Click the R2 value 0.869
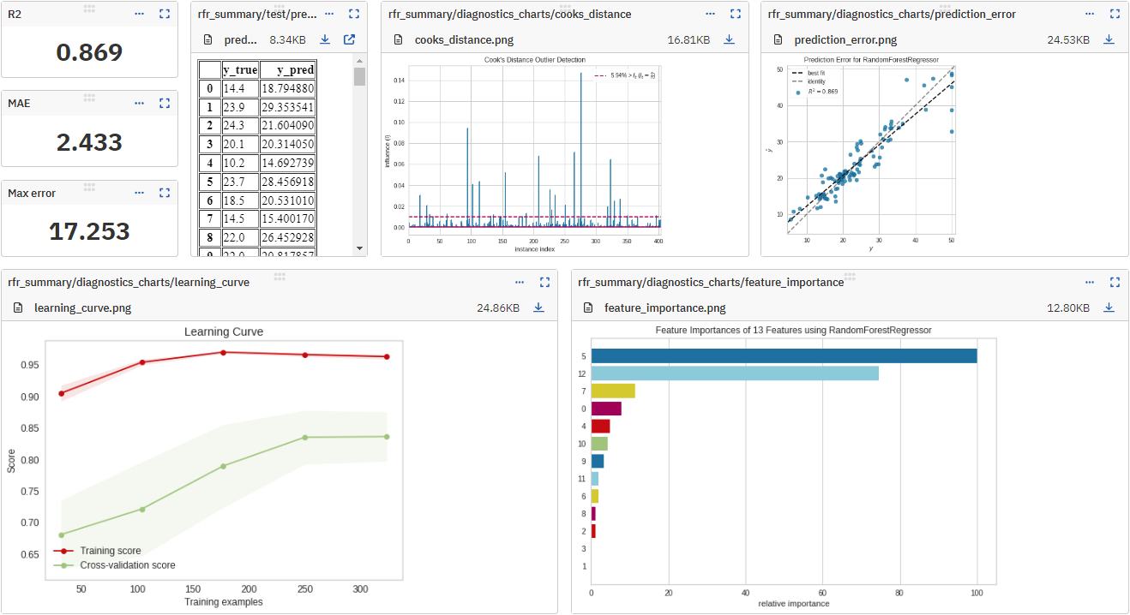point(89,52)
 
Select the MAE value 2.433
point(89,142)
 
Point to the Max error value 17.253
point(89,231)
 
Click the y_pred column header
point(287,70)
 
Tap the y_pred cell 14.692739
point(287,164)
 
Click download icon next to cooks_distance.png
point(729,39)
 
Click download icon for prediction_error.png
point(1109,39)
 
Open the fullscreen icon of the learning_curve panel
point(544,282)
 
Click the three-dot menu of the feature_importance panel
point(1089,282)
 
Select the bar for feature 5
point(784,355)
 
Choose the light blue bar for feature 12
point(735,373)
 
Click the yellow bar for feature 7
point(613,391)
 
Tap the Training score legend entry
point(111,551)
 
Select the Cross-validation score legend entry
point(128,565)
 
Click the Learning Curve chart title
point(224,331)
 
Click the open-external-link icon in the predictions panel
point(349,39)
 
